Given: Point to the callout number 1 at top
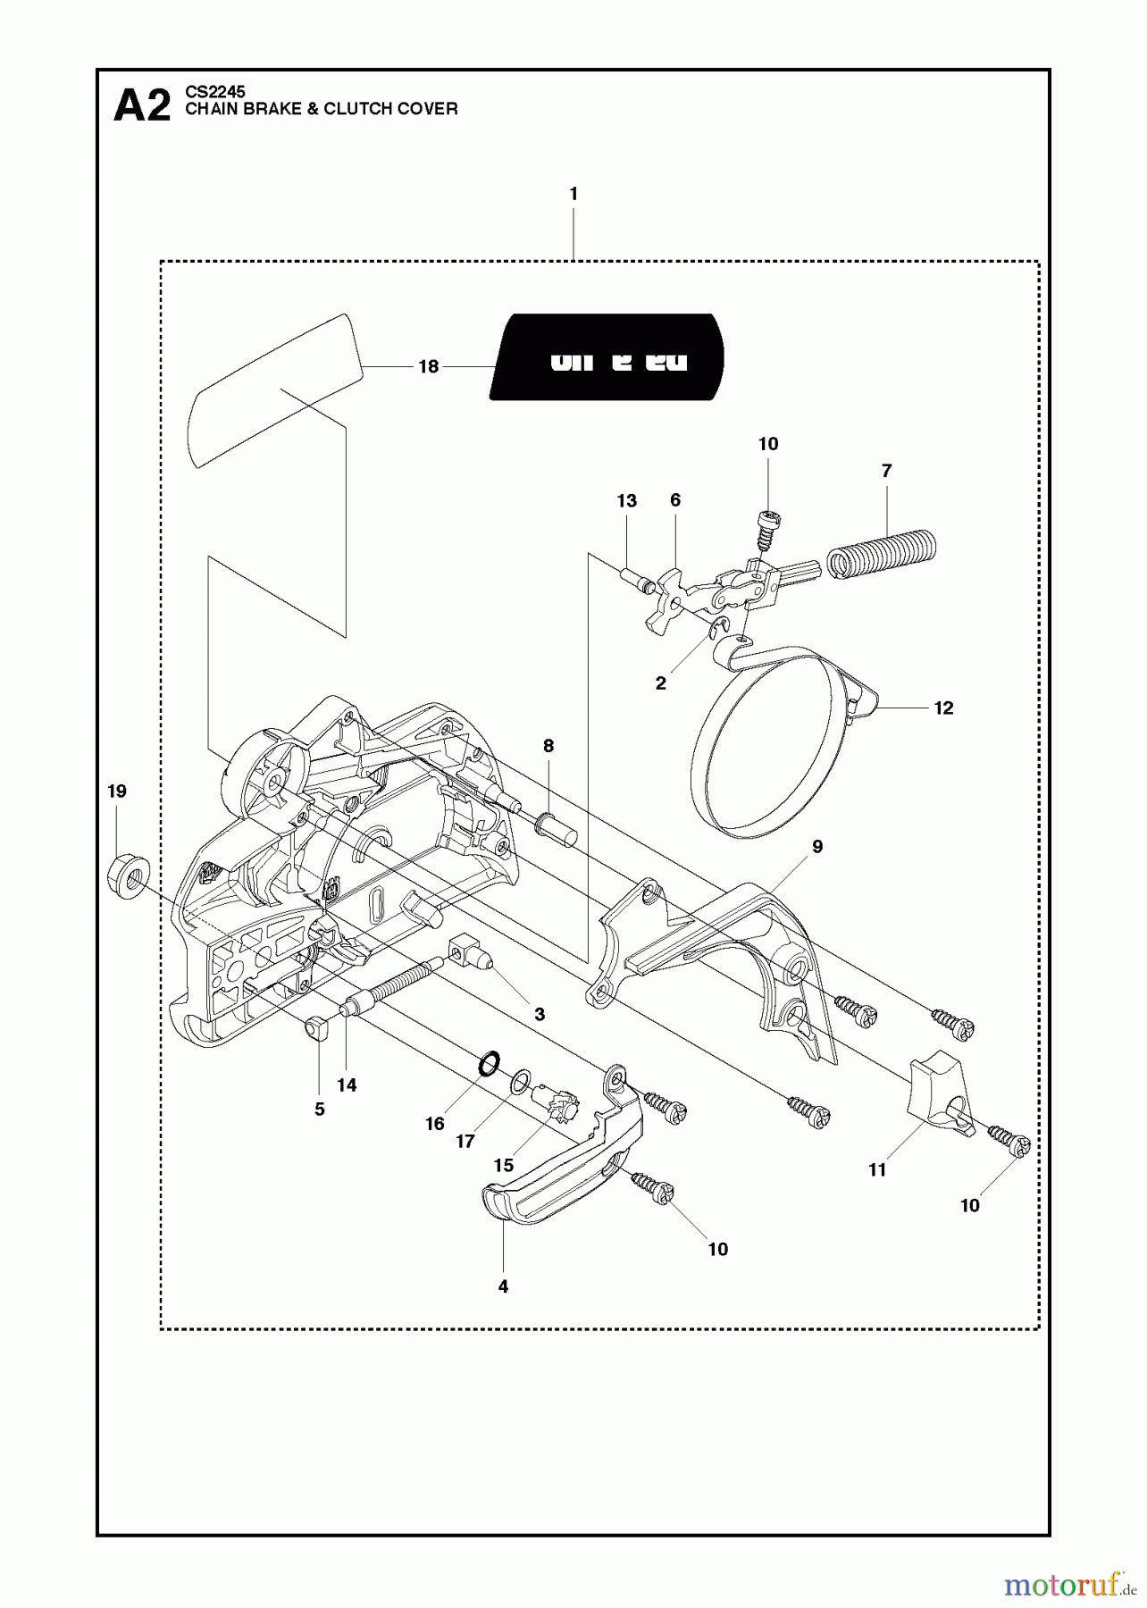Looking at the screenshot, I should point(573,193).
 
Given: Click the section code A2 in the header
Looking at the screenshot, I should point(141,107).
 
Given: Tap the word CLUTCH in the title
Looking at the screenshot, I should point(356,109).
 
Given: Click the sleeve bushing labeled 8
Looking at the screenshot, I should point(557,830).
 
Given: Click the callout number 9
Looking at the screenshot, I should point(816,846).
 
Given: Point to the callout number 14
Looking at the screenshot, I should point(347,1085).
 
